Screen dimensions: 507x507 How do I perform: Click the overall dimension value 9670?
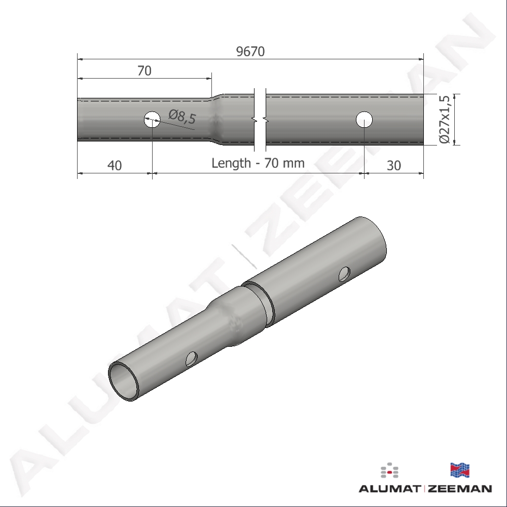coord(250,51)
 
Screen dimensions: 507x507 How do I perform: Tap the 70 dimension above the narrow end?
coord(144,70)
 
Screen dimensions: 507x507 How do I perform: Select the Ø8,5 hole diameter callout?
coord(183,117)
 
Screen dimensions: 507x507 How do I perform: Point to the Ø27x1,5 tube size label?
coord(445,119)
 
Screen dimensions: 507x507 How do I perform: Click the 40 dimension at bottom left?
coord(115,165)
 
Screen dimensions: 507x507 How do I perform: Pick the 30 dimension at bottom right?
coord(394,165)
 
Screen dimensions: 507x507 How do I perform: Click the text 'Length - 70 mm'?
coord(258,163)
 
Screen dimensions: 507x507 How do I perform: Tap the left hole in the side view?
coord(152,120)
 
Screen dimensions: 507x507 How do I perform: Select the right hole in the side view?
coord(364,120)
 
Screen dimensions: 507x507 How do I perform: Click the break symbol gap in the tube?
coord(260,120)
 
